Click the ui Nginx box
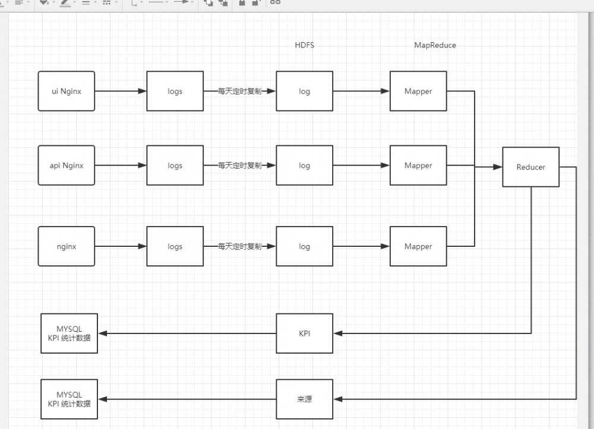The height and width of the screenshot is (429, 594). coord(67,91)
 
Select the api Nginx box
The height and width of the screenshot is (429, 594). coord(67,166)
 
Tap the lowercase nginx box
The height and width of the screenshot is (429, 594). coord(67,246)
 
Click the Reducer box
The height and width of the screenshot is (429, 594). coord(530,167)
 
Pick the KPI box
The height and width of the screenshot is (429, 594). coord(304,333)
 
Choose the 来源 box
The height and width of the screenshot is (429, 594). coord(304,399)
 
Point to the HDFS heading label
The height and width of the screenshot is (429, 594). coord(304,45)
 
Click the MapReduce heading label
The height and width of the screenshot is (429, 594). coord(435,45)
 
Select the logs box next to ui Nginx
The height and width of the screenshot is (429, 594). coord(175,91)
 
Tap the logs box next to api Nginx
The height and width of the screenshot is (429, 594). coord(175,166)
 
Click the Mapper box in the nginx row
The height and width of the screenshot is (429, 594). coord(418,246)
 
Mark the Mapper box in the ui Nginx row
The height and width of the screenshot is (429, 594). coord(418,91)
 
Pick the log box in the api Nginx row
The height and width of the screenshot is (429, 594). coord(304,166)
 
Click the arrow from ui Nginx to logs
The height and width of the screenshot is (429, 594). coord(121,91)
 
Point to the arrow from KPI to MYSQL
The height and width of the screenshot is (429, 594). coord(187,333)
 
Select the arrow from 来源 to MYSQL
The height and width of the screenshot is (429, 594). coord(187,399)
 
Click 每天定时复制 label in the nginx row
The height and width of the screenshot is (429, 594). coord(239,246)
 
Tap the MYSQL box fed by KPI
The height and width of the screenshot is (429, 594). coord(69,333)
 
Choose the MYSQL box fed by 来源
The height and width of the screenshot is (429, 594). coord(69,399)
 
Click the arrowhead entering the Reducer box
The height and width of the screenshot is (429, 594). coord(498,167)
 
